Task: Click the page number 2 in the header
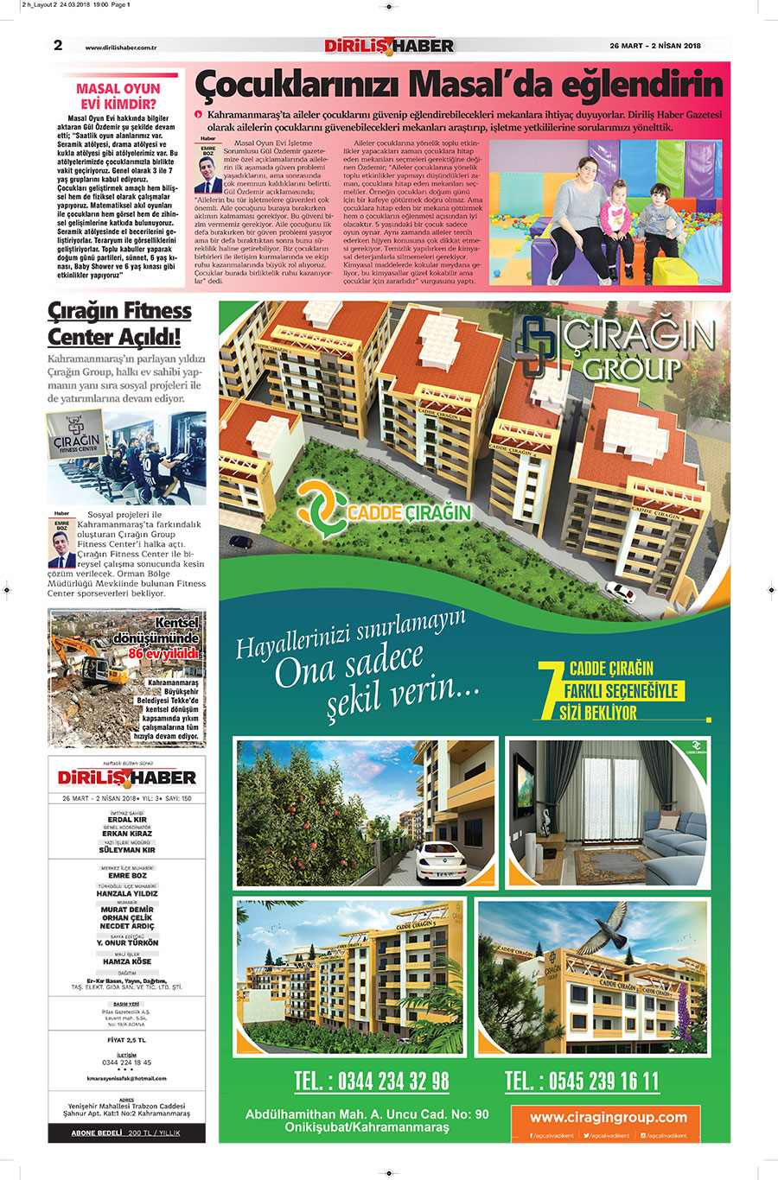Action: tap(58, 46)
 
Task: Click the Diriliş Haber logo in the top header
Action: tap(388, 46)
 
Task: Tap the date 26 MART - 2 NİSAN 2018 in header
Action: tap(654, 47)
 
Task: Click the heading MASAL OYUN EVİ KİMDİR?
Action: tap(118, 96)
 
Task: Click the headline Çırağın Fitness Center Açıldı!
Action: tap(119, 323)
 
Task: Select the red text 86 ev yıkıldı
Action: tap(163, 654)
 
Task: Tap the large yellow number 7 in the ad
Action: tap(547, 688)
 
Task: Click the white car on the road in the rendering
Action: tap(620, 591)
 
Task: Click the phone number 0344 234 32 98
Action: tap(372, 1081)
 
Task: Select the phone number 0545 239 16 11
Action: tap(582, 1081)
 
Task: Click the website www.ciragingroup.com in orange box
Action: tap(608, 1117)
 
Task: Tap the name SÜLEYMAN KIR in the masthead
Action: tap(127, 850)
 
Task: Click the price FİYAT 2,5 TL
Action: tap(126, 1040)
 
